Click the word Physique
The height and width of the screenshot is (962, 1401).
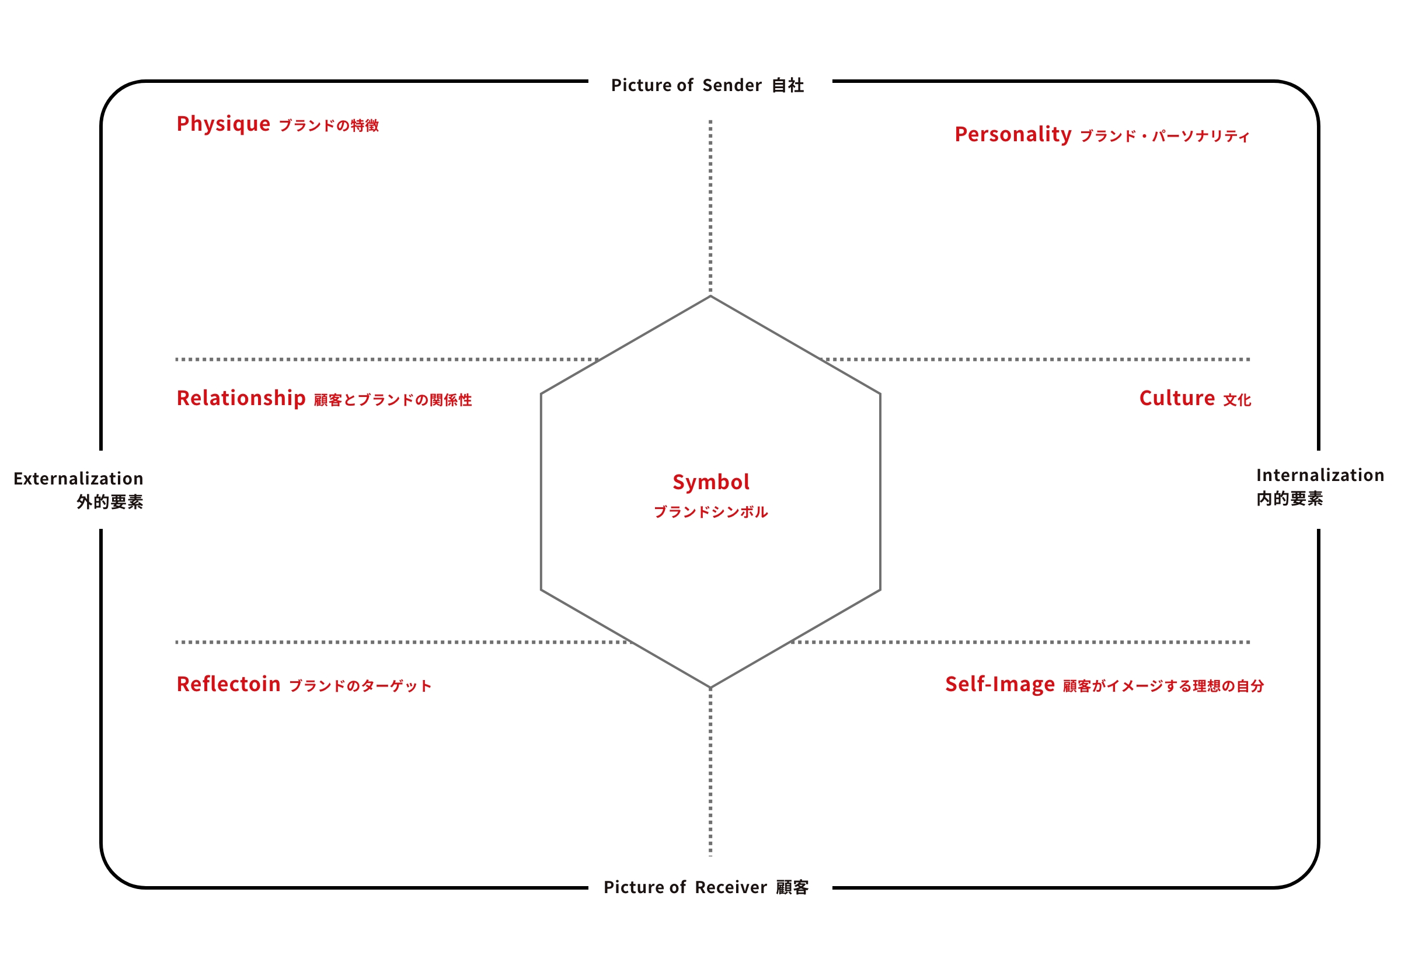point(223,125)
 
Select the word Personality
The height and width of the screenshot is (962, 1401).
point(1013,135)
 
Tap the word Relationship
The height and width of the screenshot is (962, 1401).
point(241,399)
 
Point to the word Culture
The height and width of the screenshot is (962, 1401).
point(1177,399)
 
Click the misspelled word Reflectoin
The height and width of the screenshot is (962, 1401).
point(228,685)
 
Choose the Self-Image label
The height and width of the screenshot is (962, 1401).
point(1000,685)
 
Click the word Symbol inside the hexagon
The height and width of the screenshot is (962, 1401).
point(711,483)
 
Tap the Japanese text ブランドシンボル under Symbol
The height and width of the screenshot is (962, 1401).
point(711,513)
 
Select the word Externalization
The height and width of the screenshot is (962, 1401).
point(78,479)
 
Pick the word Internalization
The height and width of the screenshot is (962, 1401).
point(1320,476)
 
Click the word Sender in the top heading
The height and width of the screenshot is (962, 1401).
point(732,86)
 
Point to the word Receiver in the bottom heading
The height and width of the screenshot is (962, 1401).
point(731,888)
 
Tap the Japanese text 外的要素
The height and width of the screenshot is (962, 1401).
point(110,502)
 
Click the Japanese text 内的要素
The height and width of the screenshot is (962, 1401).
point(1290,499)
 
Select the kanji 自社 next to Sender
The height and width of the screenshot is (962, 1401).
point(788,86)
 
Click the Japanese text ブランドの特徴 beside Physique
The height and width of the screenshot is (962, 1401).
point(329,126)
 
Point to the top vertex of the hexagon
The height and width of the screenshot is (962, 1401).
point(711,296)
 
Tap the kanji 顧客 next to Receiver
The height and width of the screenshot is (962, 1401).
point(792,888)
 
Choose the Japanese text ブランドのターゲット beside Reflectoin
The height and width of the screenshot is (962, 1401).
point(360,686)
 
